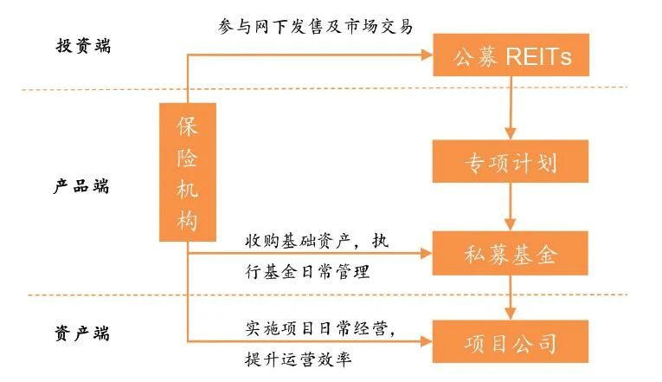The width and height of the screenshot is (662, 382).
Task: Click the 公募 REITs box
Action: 511,57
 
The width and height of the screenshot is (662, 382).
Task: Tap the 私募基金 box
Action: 511,255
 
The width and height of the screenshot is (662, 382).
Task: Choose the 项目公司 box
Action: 511,342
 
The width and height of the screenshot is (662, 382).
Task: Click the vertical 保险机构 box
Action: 188,172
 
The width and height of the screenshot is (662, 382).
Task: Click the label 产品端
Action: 83,185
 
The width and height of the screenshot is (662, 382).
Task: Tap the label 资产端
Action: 83,333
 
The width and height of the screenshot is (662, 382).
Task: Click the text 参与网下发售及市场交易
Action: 316,25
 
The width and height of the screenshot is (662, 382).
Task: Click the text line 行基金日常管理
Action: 307,272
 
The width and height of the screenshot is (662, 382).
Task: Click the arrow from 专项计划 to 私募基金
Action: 511,210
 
